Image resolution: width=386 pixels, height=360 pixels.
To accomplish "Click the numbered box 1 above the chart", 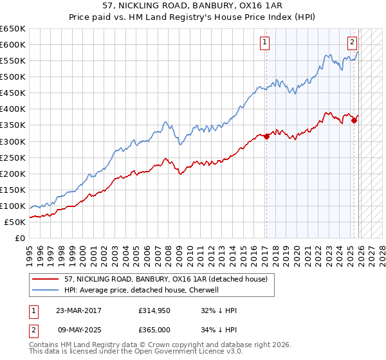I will pos(265,43).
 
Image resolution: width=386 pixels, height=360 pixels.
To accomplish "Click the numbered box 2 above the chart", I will pos(353,43).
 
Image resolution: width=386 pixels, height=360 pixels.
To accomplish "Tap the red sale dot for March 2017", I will pos(266,136).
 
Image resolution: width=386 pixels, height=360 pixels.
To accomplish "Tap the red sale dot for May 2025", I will pos(354,120).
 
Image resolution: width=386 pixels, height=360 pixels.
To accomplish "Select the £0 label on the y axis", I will pos(19,238).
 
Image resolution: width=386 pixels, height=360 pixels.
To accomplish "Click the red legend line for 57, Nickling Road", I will pos(46,278).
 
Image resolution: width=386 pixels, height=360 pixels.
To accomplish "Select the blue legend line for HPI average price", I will pos(46,290).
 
